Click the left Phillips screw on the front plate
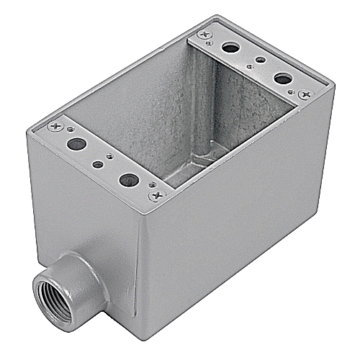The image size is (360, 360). (x=55, y=127)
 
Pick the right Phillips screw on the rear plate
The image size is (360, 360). (x=305, y=94)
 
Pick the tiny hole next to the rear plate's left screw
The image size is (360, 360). (x=208, y=43)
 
